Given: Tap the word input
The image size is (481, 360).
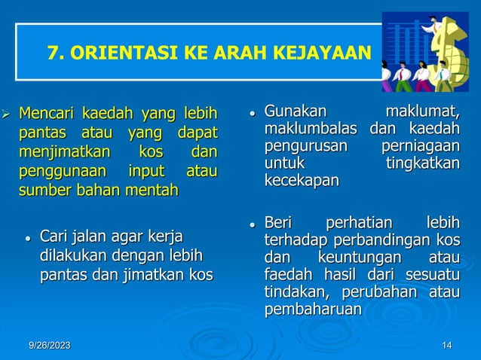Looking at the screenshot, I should (x=146, y=169).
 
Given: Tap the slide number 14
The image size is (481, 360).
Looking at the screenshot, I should (x=447, y=345).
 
